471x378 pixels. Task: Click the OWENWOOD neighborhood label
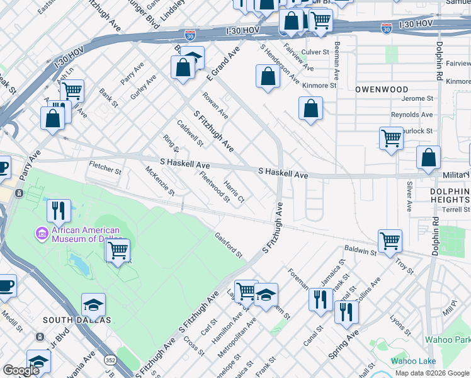pos(382,89)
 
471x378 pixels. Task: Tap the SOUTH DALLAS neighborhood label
pos(77,320)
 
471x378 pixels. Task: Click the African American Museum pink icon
pos(43,234)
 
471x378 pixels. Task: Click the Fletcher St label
pos(105,168)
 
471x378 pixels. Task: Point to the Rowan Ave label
pos(215,106)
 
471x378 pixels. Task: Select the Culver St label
pos(315,52)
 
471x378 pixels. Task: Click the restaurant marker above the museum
pos(59,210)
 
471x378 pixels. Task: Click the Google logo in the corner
pos(21,370)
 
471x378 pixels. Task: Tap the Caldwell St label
pos(190,133)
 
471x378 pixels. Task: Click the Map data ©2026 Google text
pos(431,373)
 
